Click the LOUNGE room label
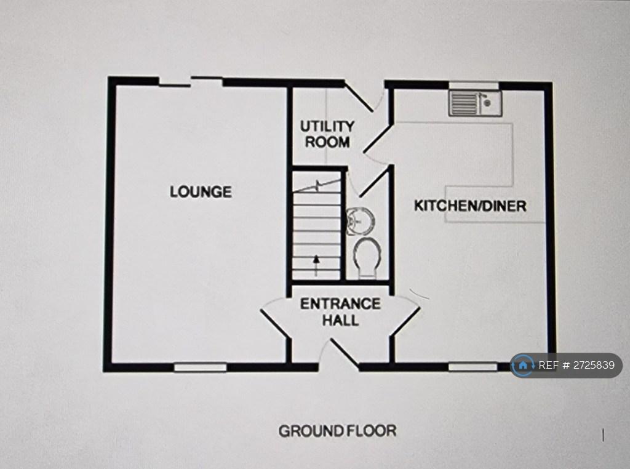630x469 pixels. click(201, 191)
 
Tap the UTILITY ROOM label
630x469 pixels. click(327, 134)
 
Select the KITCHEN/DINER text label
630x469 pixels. click(470, 206)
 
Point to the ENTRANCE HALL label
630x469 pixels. click(340, 312)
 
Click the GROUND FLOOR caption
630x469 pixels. click(338, 431)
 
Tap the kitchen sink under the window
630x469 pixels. click(475, 103)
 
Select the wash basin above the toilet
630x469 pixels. click(360, 221)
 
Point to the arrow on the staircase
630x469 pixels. click(316, 265)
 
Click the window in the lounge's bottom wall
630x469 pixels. click(200, 367)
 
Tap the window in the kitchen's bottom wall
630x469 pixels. click(473, 367)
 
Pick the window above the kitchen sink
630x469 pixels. click(474, 86)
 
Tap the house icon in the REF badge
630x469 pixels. click(523, 366)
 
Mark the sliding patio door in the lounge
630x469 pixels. click(191, 82)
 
